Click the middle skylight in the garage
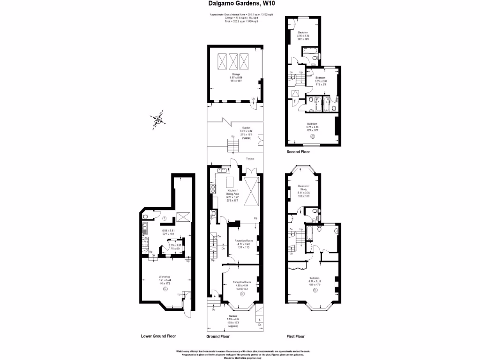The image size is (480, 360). point(233,61)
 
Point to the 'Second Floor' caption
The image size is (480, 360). point(298,152)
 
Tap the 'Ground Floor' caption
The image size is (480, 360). point(218,336)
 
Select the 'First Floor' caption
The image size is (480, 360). point(295,336)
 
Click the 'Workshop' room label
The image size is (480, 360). point(164,277)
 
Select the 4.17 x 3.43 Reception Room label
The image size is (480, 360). point(243,240)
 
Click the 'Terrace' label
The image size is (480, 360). point(250,159)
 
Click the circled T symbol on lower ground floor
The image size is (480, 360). point(165,219)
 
